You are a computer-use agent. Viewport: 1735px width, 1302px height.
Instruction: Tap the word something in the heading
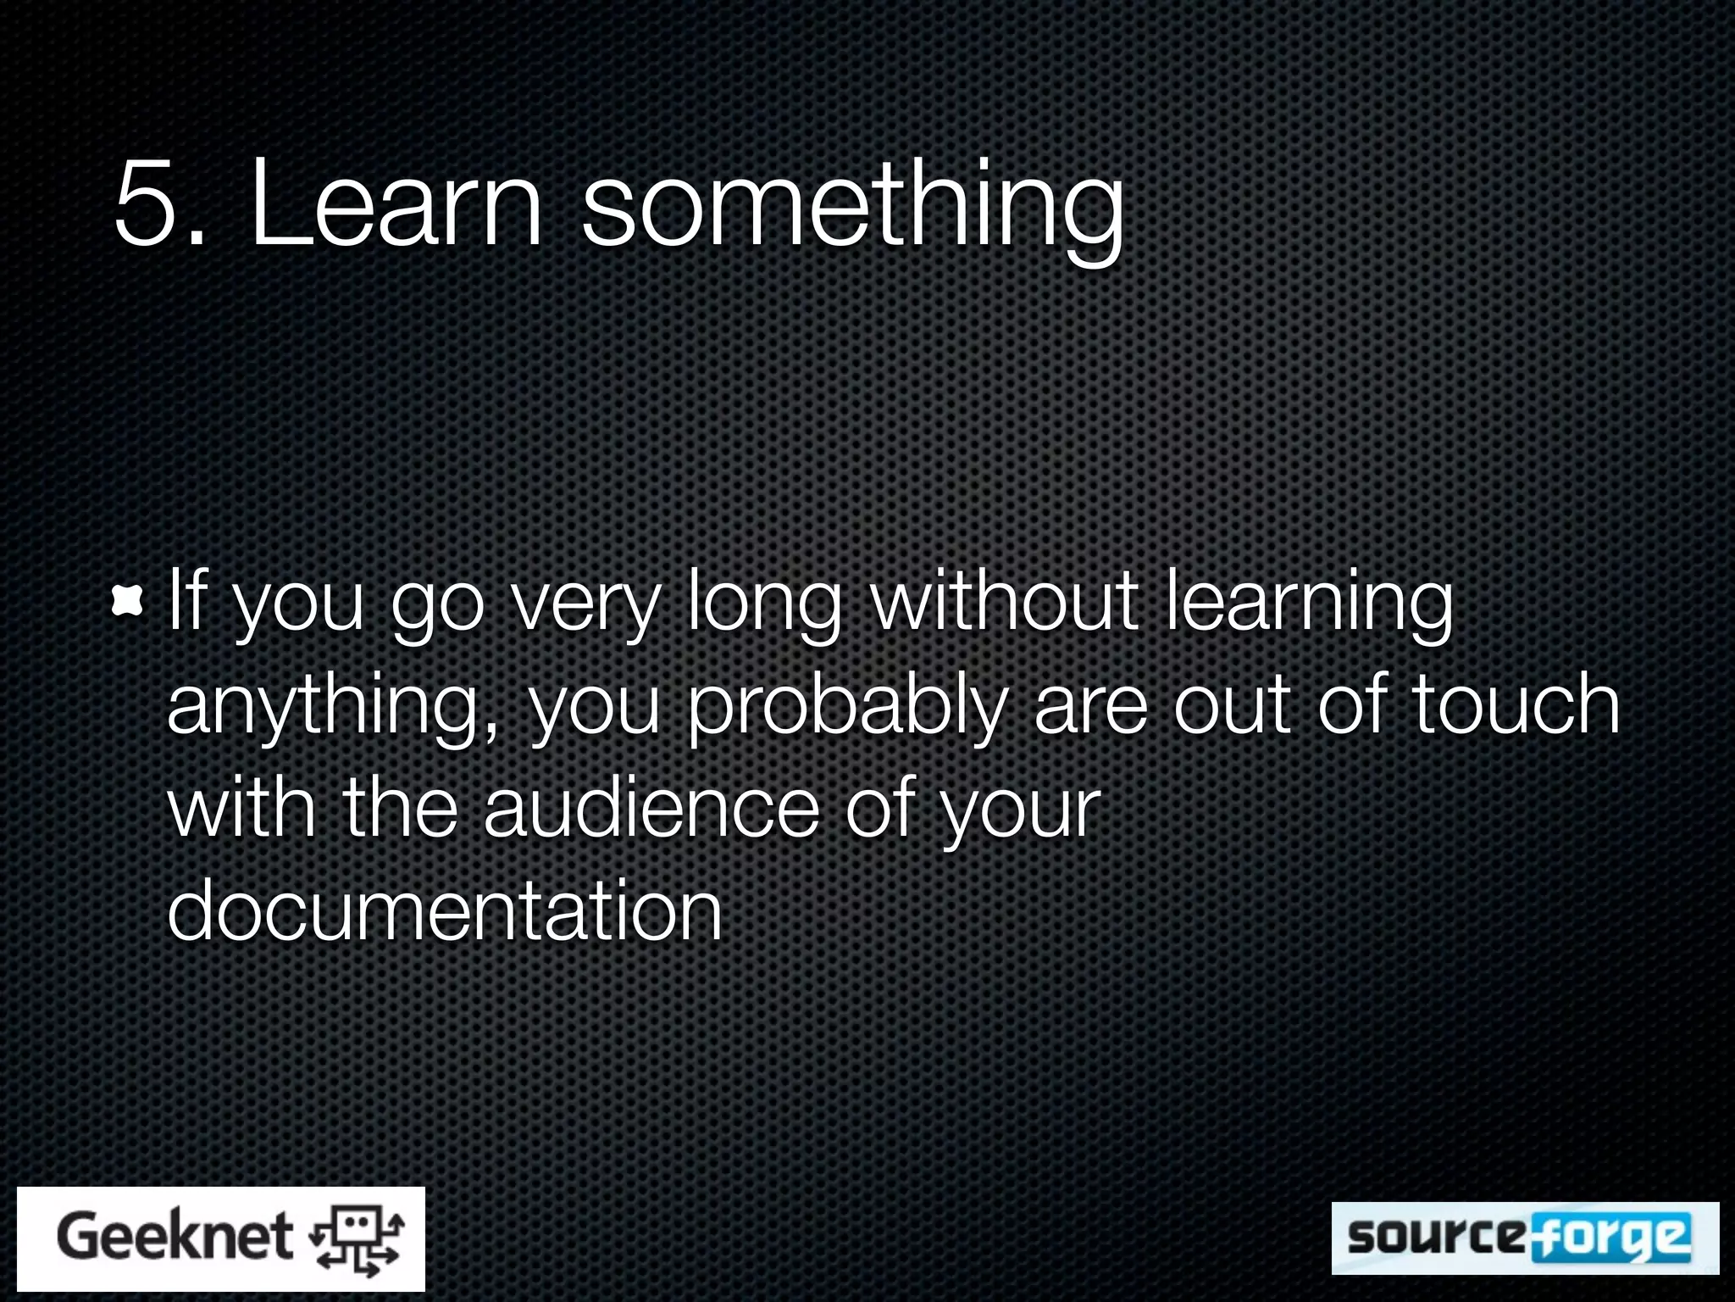[x=852, y=208]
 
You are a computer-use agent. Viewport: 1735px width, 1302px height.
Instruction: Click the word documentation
[x=445, y=910]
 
